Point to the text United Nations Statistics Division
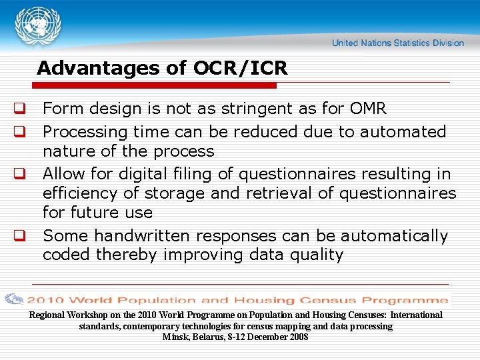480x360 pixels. [x=398, y=43]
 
